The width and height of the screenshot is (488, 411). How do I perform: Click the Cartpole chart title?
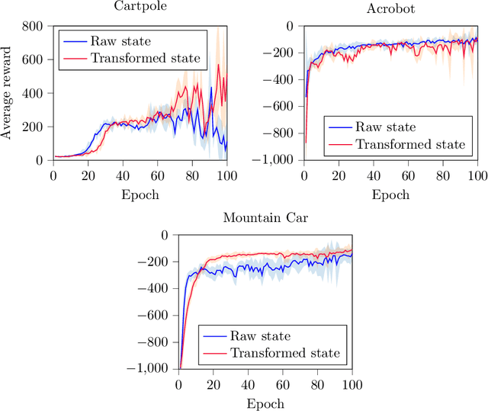tap(140, 8)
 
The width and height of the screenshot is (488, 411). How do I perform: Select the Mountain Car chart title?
tap(264, 218)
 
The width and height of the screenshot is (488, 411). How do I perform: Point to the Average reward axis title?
tap(8, 93)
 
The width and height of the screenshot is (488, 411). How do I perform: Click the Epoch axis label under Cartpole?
tap(140, 194)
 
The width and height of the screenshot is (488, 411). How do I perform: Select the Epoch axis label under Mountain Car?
tap(265, 403)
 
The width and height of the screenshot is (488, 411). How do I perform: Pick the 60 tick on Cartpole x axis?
tap(157, 176)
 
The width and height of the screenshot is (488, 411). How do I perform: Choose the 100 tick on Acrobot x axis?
tap(477, 176)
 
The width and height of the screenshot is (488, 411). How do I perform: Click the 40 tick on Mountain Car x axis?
tap(248, 385)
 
